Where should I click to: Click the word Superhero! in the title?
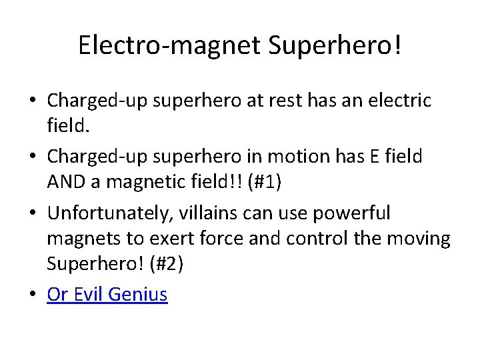335,45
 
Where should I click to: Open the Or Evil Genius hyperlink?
107,294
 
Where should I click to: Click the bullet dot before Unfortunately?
33,214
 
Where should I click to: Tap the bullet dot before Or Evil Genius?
33,295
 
